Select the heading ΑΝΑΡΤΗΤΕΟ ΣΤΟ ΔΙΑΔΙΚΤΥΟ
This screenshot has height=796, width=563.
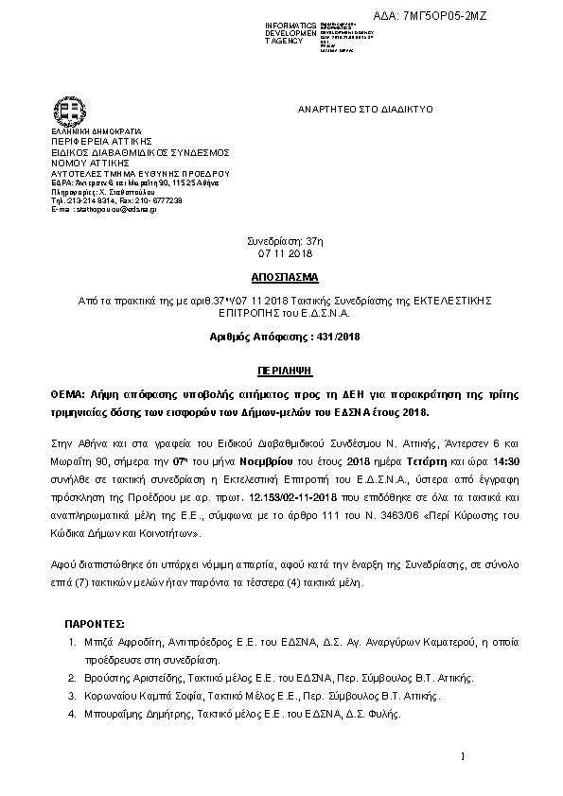364,110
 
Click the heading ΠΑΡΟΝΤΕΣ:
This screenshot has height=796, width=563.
95,626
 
